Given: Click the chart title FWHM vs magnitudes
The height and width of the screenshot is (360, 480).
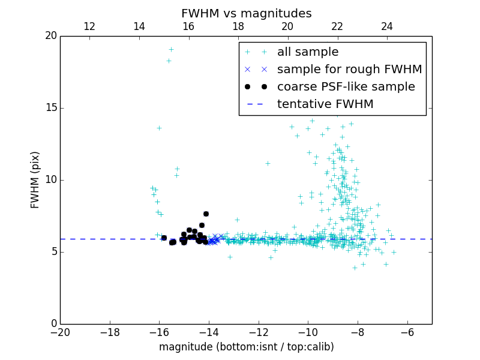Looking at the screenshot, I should click(246, 13).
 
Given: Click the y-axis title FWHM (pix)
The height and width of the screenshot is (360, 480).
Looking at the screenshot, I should click(35, 179).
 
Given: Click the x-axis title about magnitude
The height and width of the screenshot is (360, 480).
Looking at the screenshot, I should click(246, 347).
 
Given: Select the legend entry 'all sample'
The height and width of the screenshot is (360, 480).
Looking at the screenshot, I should click(307, 52).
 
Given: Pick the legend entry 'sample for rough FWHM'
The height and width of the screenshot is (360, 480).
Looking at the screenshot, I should click(349, 70).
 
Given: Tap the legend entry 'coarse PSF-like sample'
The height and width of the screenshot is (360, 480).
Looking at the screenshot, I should click(346, 87).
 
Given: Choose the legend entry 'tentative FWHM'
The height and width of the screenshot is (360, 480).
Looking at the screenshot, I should click(325, 104).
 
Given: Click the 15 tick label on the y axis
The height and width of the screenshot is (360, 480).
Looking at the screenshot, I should click(50, 108).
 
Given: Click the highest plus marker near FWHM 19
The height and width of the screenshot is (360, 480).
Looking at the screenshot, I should click(171, 49).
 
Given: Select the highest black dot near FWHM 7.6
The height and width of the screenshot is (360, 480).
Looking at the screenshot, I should click(206, 214).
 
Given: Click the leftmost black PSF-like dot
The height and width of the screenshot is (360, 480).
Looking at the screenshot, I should click(164, 238).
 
